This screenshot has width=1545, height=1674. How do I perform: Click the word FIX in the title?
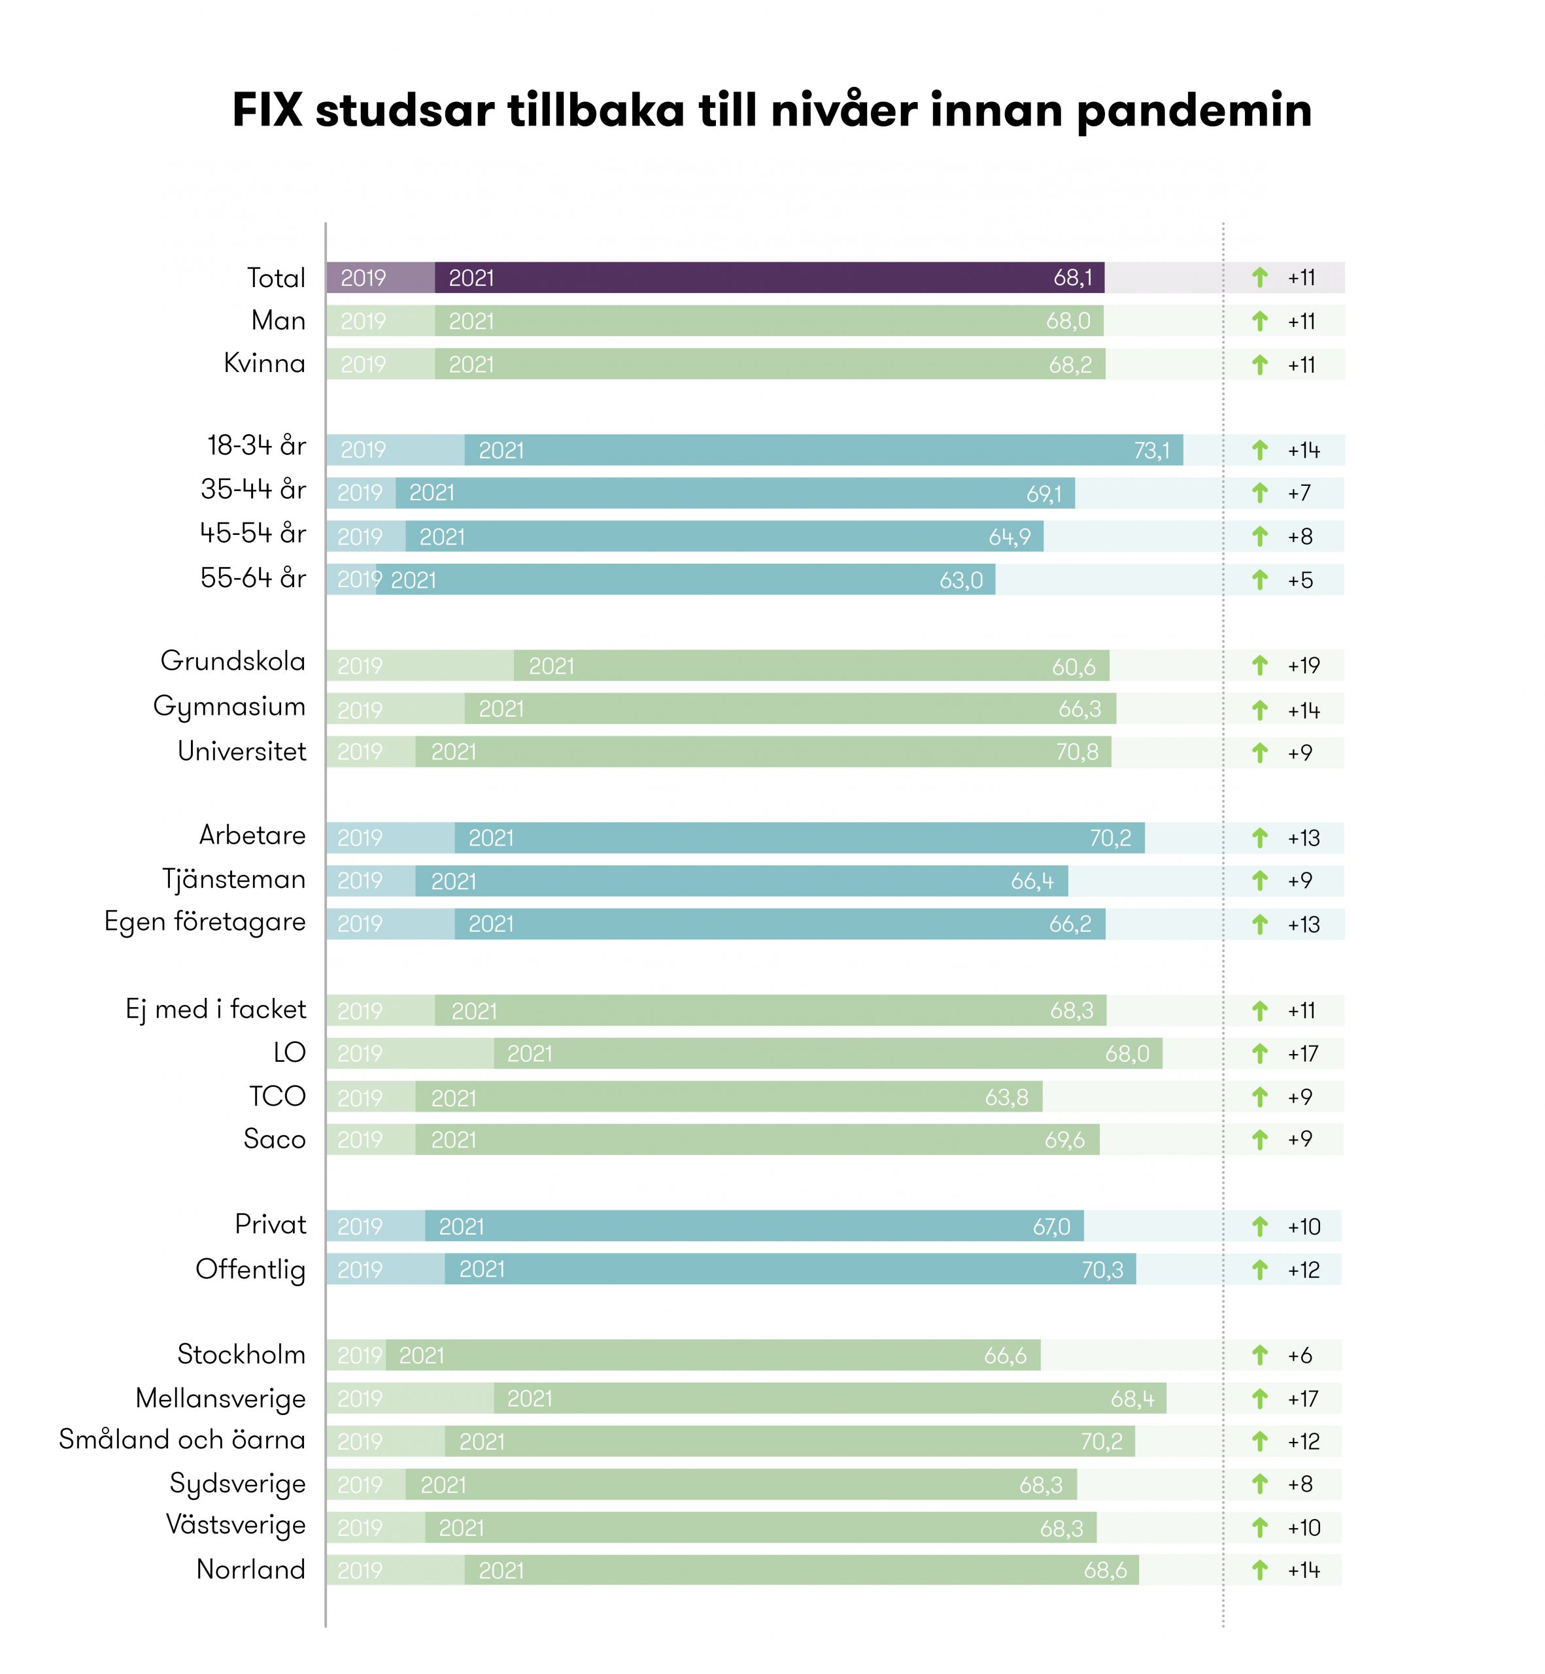pos(267,111)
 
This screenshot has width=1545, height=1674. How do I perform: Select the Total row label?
pos(276,278)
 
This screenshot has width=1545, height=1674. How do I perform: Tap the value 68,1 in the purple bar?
pos(1073,278)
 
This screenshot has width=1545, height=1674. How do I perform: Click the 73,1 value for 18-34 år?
pos(1151,451)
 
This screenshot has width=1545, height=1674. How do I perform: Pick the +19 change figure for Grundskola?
pos(1303,666)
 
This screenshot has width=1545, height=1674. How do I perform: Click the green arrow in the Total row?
pos(1260,278)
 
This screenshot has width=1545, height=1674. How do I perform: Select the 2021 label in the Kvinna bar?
pos(471,365)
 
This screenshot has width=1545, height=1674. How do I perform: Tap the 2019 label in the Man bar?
pos(363,321)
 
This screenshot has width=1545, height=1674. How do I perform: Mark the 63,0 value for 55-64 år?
pos(960,580)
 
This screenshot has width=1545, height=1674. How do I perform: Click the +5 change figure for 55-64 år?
pos(1300,580)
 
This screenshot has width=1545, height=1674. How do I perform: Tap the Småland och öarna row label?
pos(182,1440)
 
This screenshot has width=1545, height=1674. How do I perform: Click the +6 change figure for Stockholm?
pos(1300,1356)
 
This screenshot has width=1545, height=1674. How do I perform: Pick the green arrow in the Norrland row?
pos(1260,1570)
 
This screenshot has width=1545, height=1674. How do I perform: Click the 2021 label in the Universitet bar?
pos(453,753)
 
